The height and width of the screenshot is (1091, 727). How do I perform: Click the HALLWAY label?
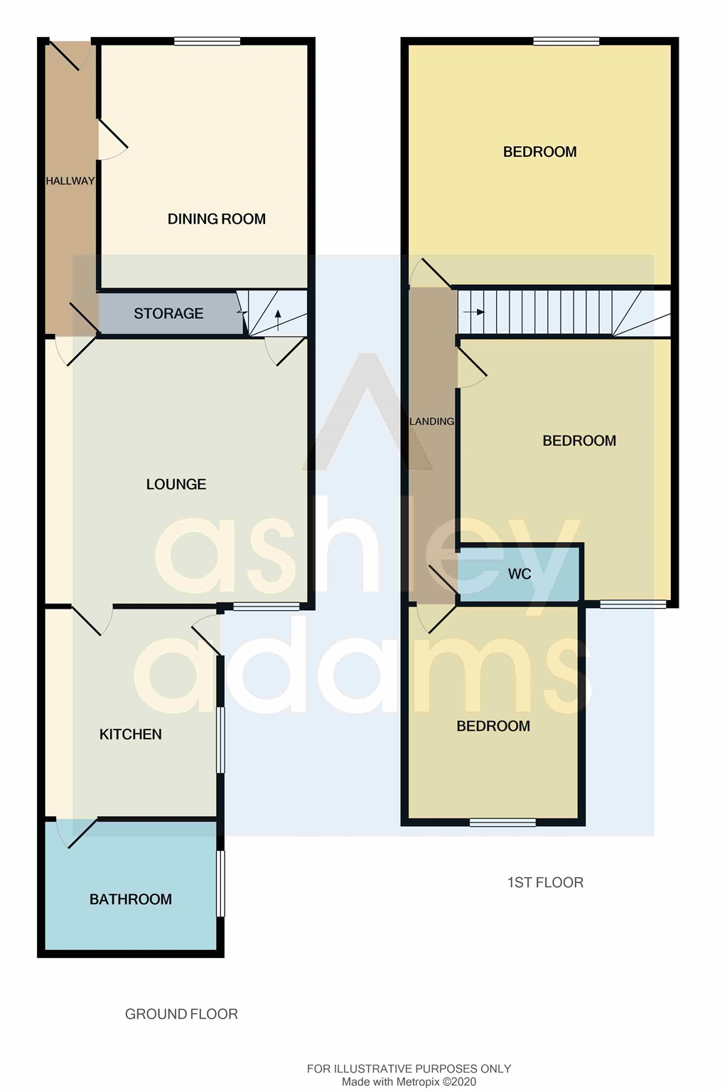point(70,181)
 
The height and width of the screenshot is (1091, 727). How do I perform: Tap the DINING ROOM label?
point(217,219)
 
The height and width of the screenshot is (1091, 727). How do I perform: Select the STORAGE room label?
point(168,313)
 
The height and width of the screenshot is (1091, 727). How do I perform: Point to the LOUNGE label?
point(176,484)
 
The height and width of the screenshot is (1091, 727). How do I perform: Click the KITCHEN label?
point(131,734)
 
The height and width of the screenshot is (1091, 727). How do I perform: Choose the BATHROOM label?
point(131,899)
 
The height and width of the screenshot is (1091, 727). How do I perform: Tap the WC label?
point(519,574)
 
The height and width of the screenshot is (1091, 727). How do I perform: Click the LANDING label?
point(431,421)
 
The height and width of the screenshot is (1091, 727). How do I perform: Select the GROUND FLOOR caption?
point(181,1014)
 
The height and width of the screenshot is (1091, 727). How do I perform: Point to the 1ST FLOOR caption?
point(545,883)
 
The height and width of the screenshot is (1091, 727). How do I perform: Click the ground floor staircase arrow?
point(278,320)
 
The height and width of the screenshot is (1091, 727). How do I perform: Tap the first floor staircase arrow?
point(474,313)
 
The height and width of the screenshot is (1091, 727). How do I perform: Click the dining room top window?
point(208,41)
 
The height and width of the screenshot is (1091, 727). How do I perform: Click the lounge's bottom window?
point(266,607)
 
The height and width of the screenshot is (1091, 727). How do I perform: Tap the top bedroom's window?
point(566,41)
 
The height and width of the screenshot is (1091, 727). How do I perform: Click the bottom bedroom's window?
point(503,823)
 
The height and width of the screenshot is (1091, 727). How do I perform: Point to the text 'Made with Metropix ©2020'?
point(409,1082)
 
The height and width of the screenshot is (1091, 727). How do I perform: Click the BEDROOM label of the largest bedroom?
point(540,152)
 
